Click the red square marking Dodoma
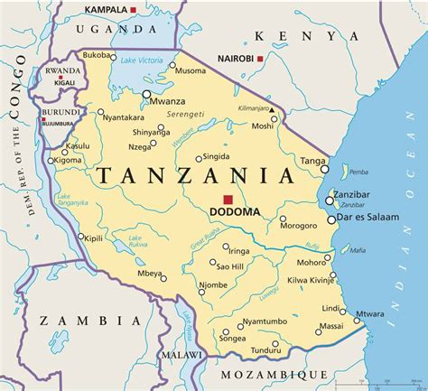pyautogui.click(x=229, y=199)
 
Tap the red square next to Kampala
pyautogui.click(x=134, y=10)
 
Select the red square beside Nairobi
pyautogui.click(x=261, y=59)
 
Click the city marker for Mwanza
pyautogui.click(x=145, y=91)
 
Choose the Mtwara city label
pyautogui.click(x=369, y=314)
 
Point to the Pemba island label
pyautogui.click(x=359, y=170)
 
